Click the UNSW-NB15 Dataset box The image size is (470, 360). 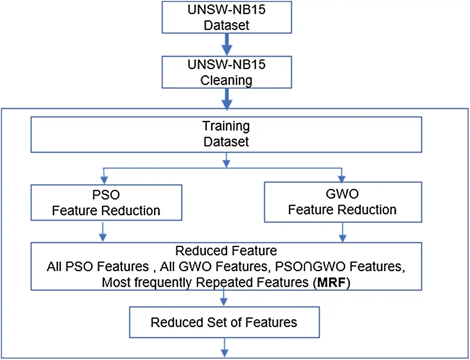[227, 17]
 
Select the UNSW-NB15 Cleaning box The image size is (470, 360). [227, 71]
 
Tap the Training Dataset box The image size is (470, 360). [227, 134]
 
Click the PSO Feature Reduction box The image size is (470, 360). [106, 203]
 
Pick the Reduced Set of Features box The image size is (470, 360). [223, 322]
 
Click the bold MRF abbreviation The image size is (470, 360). [334, 283]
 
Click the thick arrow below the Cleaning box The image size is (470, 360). [227, 99]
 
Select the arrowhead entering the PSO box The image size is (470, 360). [106, 181]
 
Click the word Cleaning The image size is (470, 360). [226, 80]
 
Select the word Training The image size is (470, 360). [226, 126]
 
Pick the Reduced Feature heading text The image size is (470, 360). [226, 251]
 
